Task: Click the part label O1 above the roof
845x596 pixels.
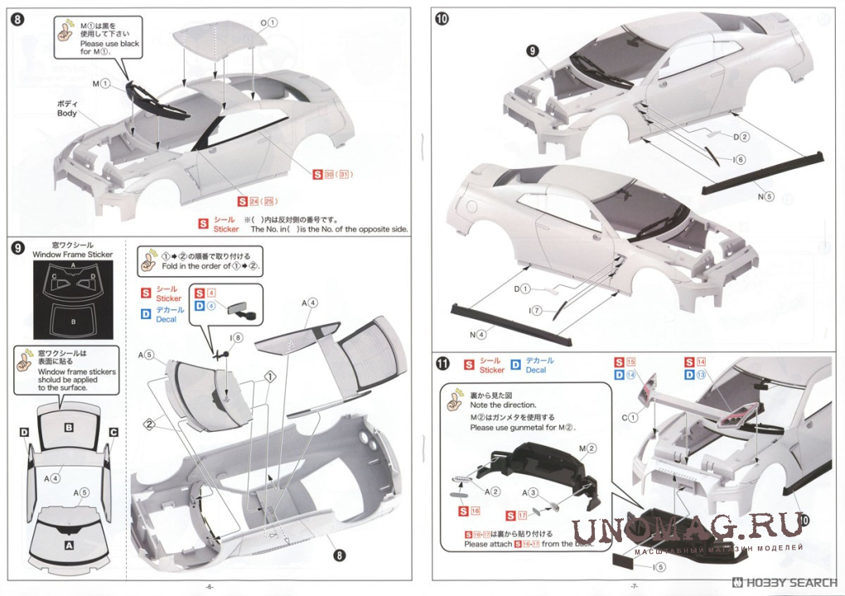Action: click(x=268, y=22)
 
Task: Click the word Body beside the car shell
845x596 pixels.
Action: click(x=66, y=113)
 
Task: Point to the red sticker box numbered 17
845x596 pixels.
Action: click(x=520, y=516)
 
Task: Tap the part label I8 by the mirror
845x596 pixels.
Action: click(x=238, y=337)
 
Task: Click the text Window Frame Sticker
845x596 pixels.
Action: click(x=73, y=256)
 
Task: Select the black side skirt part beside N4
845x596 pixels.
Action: click(x=509, y=324)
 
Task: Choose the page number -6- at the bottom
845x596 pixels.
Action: click(x=210, y=587)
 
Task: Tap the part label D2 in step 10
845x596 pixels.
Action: click(x=741, y=137)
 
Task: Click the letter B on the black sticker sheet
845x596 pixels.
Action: click(x=74, y=320)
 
